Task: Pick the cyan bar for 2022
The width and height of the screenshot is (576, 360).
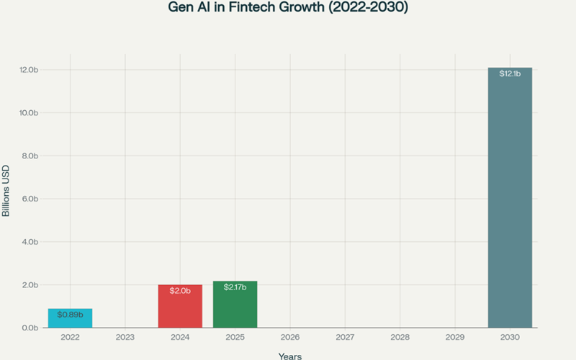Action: pos(71,318)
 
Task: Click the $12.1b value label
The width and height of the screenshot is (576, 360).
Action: pos(510,74)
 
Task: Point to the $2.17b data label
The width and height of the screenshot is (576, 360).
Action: pos(235,287)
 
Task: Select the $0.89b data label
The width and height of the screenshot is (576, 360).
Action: pos(71,315)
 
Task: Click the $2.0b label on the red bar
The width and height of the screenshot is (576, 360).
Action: pos(180,291)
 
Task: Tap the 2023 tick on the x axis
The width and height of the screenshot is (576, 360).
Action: pos(125,337)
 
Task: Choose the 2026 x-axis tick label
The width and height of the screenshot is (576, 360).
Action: pos(289,337)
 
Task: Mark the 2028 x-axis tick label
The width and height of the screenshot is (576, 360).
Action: pos(400,337)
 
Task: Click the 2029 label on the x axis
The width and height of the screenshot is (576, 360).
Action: pos(454,337)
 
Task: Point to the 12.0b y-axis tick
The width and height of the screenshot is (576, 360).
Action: pos(29,70)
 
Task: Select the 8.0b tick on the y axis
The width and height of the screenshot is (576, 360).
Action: pos(29,156)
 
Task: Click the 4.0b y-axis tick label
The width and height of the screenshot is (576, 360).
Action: pos(29,242)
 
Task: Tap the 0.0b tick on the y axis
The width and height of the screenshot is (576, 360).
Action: pos(29,328)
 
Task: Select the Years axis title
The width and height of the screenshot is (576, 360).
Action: pos(289,356)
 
